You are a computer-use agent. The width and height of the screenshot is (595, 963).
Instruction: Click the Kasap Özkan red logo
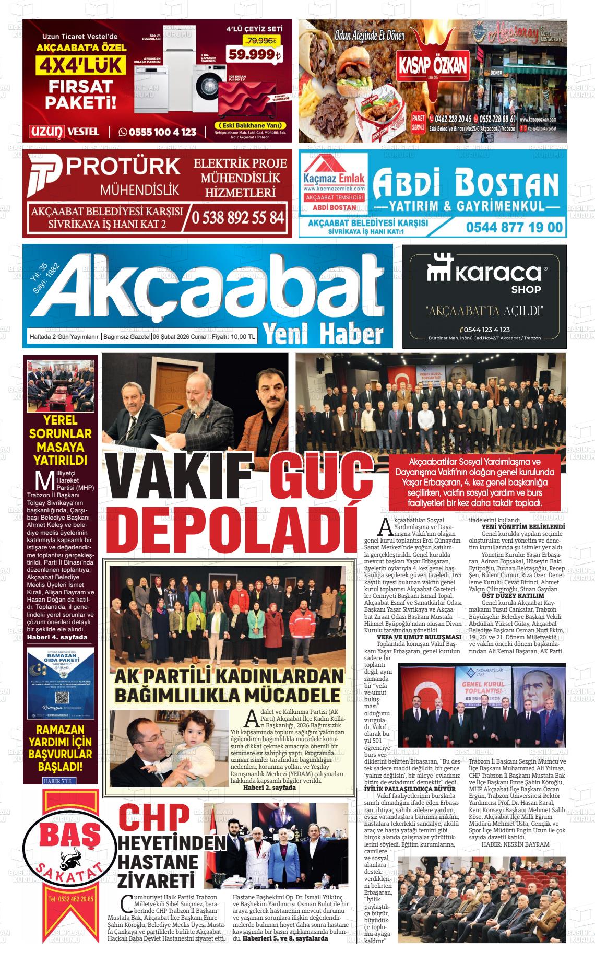[x=433, y=65]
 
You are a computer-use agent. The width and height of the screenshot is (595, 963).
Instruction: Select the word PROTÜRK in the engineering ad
[x=124, y=167]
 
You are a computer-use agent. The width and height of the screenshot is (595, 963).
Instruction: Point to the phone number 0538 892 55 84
[x=238, y=217]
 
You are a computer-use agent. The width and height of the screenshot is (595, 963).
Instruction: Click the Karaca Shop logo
[x=484, y=275]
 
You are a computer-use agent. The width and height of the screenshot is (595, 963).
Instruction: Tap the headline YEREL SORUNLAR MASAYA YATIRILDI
[x=60, y=440]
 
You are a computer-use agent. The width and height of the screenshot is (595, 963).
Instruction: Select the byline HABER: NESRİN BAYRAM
[x=516, y=844]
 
